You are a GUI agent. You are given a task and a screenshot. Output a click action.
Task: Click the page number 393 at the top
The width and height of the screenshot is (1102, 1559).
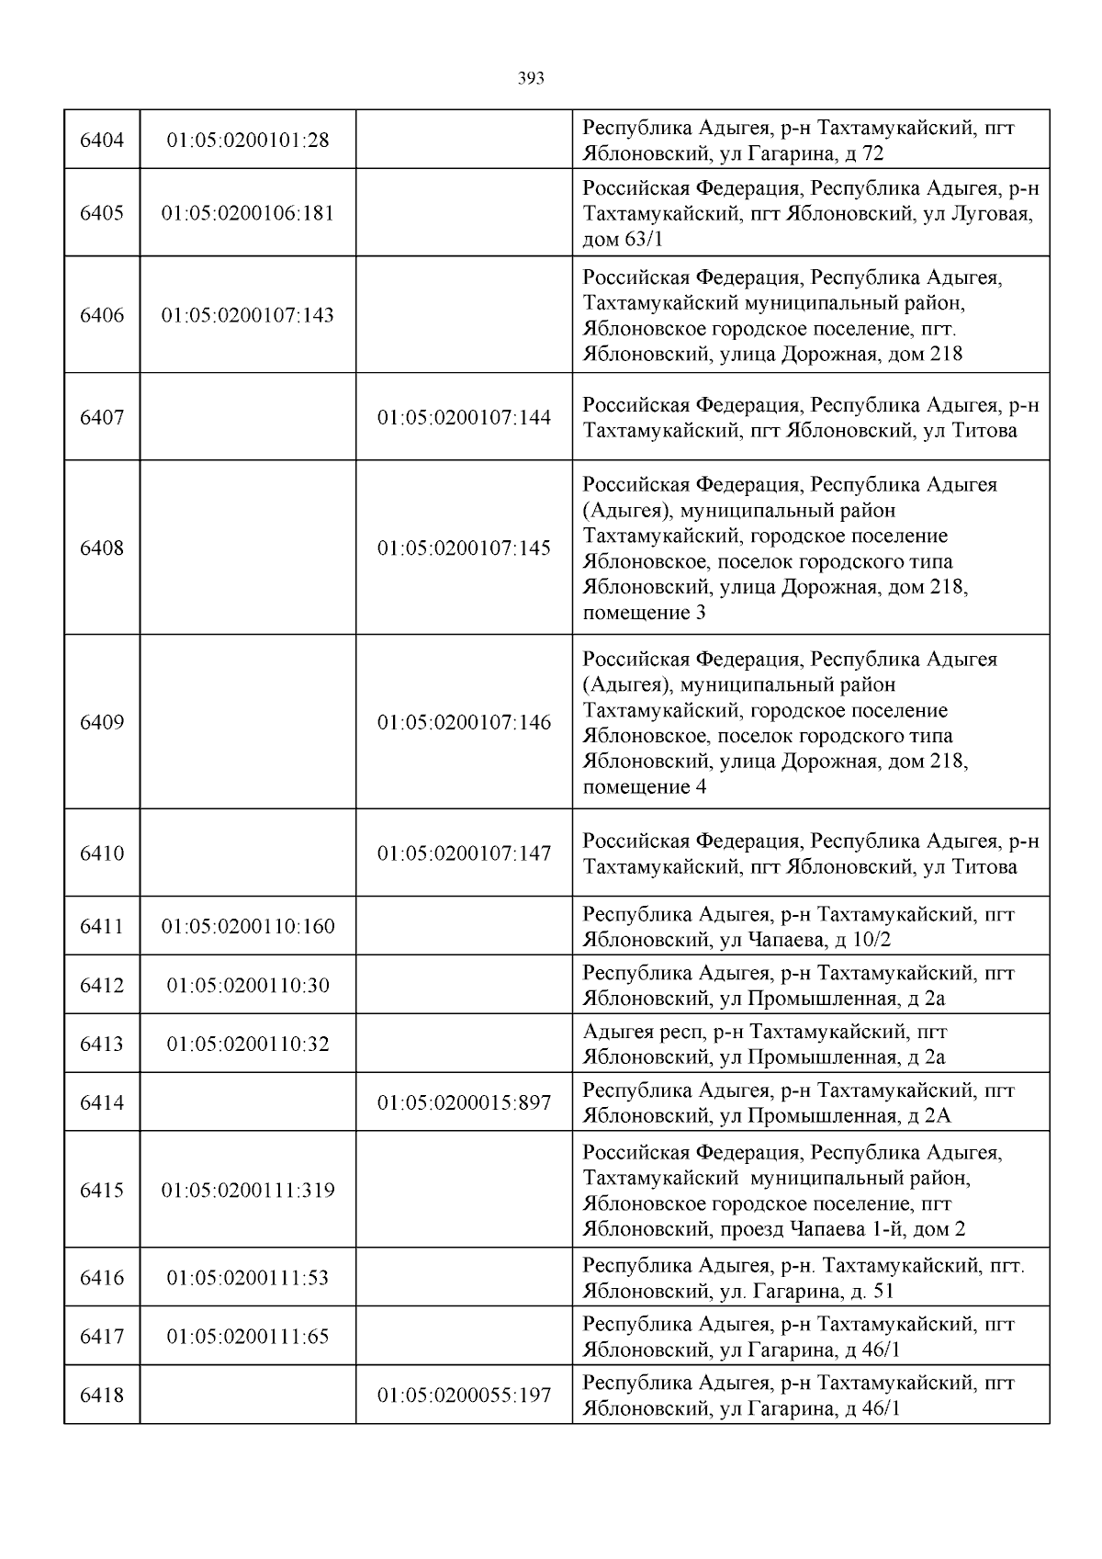tap(531, 79)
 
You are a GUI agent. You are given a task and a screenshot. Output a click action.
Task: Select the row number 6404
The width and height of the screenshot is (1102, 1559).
tap(102, 141)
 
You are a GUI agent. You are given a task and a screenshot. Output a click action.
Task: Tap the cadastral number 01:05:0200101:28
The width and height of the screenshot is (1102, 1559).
tap(248, 141)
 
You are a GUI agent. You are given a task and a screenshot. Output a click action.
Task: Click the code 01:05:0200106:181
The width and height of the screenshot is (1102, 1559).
tap(248, 213)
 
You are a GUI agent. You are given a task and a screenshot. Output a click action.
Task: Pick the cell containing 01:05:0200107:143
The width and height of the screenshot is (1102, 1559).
tap(248, 315)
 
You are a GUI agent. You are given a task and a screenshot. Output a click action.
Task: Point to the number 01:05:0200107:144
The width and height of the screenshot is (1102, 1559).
tap(464, 418)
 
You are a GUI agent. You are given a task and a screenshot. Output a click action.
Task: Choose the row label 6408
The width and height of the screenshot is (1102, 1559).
tap(102, 548)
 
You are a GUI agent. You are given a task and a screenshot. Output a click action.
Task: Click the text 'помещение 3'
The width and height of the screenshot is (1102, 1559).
tap(644, 613)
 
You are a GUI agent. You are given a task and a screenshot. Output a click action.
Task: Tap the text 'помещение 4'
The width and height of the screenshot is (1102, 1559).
tap(644, 787)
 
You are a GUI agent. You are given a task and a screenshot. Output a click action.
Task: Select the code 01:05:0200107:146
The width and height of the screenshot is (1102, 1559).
tap(464, 723)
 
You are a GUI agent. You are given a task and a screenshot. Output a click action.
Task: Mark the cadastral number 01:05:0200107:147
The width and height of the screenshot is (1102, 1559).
tap(464, 853)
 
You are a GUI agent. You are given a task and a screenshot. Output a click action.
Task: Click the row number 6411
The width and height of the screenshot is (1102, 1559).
tap(102, 927)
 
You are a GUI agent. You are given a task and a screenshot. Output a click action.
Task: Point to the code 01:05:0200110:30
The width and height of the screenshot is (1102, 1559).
tap(248, 986)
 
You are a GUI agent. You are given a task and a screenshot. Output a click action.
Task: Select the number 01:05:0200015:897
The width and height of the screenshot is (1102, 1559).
tap(464, 1102)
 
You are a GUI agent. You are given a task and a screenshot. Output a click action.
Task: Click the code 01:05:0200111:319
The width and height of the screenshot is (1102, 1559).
tap(248, 1191)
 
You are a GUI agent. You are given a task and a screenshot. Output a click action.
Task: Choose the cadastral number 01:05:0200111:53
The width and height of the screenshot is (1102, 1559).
tap(248, 1278)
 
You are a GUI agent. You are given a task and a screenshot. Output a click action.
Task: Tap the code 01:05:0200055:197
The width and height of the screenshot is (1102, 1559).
tap(464, 1395)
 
